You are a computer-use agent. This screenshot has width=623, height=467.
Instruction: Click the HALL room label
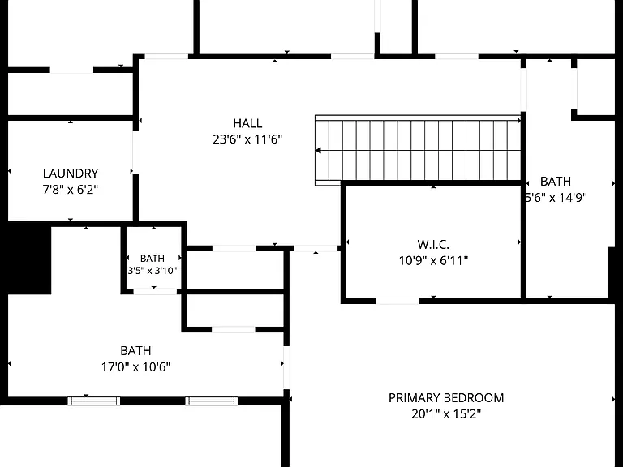point(247,123)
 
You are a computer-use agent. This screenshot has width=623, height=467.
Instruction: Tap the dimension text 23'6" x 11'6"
point(247,139)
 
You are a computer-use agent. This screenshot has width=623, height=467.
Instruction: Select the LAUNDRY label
point(71,174)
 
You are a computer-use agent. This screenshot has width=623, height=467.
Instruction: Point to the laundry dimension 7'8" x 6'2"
point(71,190)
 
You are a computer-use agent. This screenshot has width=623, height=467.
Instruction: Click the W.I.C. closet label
point(433,244)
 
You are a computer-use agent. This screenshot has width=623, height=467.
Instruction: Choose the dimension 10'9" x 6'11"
point(433,260)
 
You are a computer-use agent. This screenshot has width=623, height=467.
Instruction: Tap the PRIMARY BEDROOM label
point(446,398)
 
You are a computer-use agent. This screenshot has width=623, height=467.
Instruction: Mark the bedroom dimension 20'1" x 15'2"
point(446,414)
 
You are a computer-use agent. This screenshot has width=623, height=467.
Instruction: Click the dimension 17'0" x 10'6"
point(136,367)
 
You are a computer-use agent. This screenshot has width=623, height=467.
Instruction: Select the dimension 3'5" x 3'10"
point(153,271)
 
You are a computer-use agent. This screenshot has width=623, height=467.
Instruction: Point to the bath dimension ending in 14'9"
point(556,197)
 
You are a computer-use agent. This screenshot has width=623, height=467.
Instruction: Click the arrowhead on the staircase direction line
point(318,151)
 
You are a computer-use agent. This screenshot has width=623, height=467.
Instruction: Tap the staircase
point(418,151)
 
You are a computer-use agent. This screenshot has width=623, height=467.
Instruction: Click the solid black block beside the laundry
point(29,259)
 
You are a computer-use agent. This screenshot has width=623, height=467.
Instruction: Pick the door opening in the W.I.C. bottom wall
point(397,302)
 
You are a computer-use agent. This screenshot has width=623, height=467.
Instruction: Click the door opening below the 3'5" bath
point(155,292)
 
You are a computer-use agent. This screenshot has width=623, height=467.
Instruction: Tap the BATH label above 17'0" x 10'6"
point(136,350)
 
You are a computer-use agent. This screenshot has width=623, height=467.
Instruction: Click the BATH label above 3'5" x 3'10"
point(153,259)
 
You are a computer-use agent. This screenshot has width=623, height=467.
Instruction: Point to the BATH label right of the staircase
point(556,181)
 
